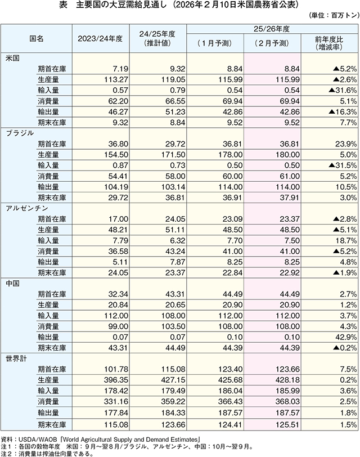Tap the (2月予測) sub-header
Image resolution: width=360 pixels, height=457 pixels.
click(x=272, y=43)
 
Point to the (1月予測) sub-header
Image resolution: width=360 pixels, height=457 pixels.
click(x=214, y=43)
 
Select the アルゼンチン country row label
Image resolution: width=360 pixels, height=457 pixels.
click(x=25, y=207)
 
